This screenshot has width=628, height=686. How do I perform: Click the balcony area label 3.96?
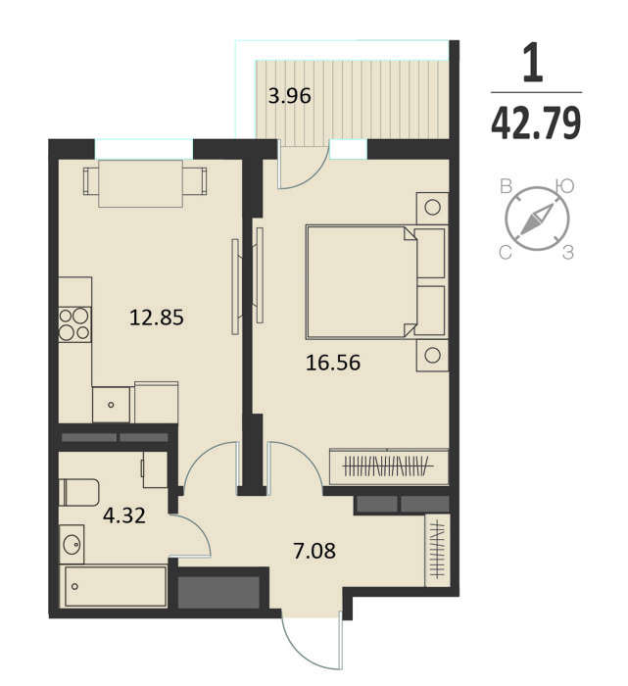[x=290, y=96]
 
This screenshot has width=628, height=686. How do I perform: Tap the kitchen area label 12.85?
[x=157, y=318]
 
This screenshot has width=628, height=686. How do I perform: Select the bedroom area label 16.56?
[x=333, y=363]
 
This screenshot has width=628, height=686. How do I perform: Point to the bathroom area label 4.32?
[x=124, y=515]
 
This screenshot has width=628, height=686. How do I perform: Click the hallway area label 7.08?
[x=314, y=551]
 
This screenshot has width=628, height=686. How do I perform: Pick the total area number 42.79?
[x=536, y=122]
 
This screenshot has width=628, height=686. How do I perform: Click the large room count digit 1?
[x=533, y=62]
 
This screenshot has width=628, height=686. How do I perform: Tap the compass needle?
[x=537, y=219]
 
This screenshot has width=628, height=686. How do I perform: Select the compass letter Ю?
[x=565, y=186]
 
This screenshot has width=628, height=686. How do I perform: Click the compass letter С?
[x=506, y=253]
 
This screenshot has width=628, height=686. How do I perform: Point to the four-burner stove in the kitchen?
[x=74, y=324]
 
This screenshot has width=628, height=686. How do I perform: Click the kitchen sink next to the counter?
[x=111, y=405]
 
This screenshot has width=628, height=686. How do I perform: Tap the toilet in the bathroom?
[x=79, y=493]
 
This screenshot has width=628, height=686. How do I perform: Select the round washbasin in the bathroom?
[x=72, y=544]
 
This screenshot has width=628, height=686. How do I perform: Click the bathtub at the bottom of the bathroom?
[x=116, y=586]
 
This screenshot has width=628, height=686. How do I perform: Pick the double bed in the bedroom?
[x=376, y=282]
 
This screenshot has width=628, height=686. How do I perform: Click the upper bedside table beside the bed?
[x=432, y=208]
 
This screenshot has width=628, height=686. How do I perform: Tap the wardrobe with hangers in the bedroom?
[x=389, y=466]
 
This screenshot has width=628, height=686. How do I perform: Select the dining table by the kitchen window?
[x=141, y=184]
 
